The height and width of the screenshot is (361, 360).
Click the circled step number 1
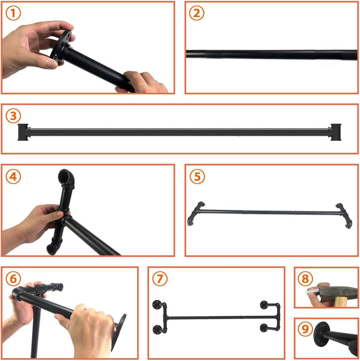(x=14, y=13)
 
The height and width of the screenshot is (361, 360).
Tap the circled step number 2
(x=196, y=13)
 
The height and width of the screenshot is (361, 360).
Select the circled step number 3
(x=14, y=116)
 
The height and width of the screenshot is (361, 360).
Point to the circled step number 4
(x=14, y=176)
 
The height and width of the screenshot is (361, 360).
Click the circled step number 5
(x=196, y=176)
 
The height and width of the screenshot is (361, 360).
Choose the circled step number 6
(x=14, y=279)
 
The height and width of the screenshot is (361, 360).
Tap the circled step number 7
(x=160, y=279)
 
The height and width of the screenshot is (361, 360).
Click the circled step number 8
(x=305, y=279)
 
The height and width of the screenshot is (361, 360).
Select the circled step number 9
(x=305, y=328)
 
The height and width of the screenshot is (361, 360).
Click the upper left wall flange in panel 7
(x=157, y=303)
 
